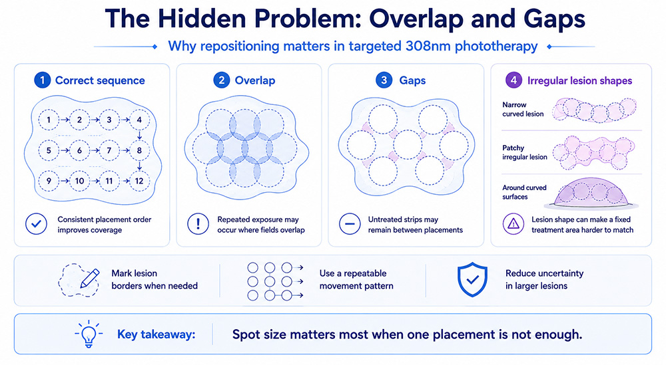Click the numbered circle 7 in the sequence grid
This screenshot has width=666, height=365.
coord(109,150)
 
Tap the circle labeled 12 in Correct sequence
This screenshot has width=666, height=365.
coord(139,181)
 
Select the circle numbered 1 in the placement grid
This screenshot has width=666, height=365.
coord(49,120)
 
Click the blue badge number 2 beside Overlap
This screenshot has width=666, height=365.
coord(221,80)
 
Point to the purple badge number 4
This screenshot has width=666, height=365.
coord(513,80)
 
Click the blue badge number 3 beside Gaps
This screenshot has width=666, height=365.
coord(384,80)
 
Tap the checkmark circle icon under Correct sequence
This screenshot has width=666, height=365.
coord(36,224)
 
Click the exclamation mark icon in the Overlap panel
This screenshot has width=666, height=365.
coord(198,224)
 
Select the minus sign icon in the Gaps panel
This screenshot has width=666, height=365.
coord(350,224)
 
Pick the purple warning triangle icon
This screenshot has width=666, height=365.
coord(513,224)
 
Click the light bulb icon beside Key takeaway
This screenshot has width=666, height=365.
coord(89,334)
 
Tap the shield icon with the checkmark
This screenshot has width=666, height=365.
coord(472,279)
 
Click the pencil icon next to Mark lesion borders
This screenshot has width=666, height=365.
coord(90,278)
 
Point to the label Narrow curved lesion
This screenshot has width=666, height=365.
coord(523,110)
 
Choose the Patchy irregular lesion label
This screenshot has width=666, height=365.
coord(525,153)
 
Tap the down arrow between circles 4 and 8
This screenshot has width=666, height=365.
coord(139,135)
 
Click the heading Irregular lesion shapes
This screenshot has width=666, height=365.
coord(580,80)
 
